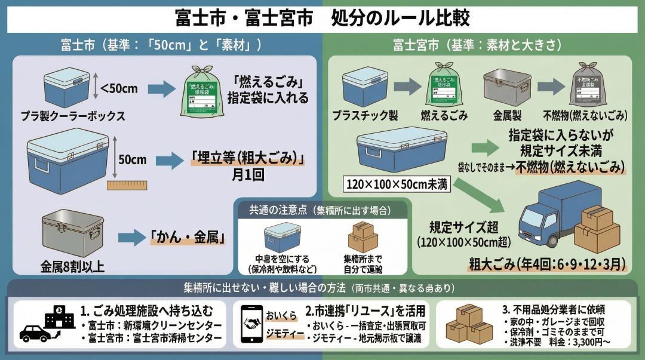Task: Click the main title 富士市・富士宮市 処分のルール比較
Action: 322,17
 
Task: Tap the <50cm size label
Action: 119,90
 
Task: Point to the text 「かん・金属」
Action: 187,238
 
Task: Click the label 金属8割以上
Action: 73,266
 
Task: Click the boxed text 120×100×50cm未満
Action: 396,183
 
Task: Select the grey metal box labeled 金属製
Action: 505,87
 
